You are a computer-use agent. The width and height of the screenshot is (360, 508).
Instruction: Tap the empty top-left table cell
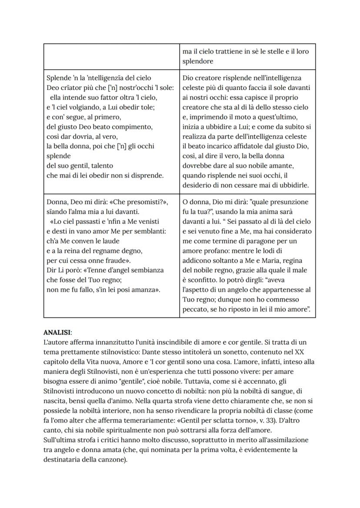pos(111,56)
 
